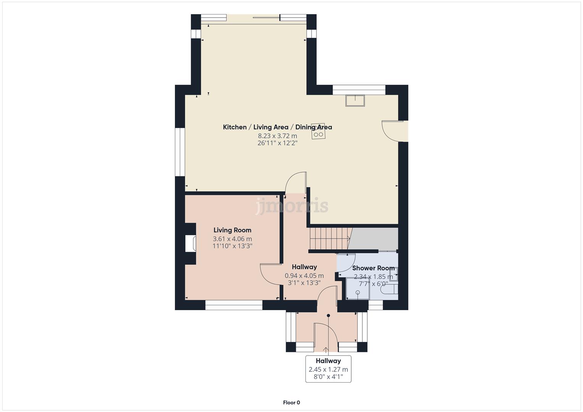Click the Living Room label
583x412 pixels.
point(232,230)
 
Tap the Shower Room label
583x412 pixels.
point(373,268)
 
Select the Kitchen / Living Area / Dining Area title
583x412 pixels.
point(277,127)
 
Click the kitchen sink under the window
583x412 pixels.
point(355,100)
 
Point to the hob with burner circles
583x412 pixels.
point(318,131)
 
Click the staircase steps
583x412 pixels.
point(329,238)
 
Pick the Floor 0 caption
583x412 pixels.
point(291,402)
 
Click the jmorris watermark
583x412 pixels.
point(292,206)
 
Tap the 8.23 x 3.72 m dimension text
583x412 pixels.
point(277,136)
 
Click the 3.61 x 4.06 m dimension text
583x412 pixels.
point(232,239)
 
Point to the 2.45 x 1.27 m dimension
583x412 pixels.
point(328,369)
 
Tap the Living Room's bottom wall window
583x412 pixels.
point(234,305)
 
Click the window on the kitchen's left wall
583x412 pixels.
point(180,152)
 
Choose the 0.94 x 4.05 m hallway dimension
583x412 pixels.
point(304,275)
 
